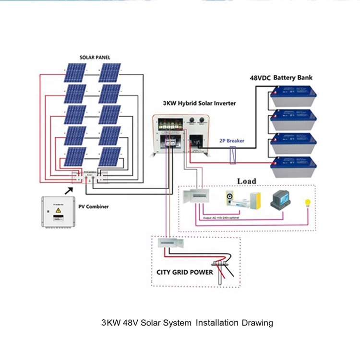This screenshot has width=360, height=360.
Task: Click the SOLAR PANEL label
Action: (95, 58)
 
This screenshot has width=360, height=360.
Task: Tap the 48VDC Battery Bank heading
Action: (281, 77)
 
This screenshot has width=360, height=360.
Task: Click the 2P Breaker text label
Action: (232, 141)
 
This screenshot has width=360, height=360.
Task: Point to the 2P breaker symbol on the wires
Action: (233, 156)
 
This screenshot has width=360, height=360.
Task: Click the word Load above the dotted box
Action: (246, 181)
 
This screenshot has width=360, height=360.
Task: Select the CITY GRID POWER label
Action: (185, 272)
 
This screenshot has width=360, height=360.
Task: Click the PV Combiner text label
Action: (94, 207)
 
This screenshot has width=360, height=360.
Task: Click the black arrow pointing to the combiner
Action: (70, 191)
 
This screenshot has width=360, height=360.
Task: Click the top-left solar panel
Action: (76, 73)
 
